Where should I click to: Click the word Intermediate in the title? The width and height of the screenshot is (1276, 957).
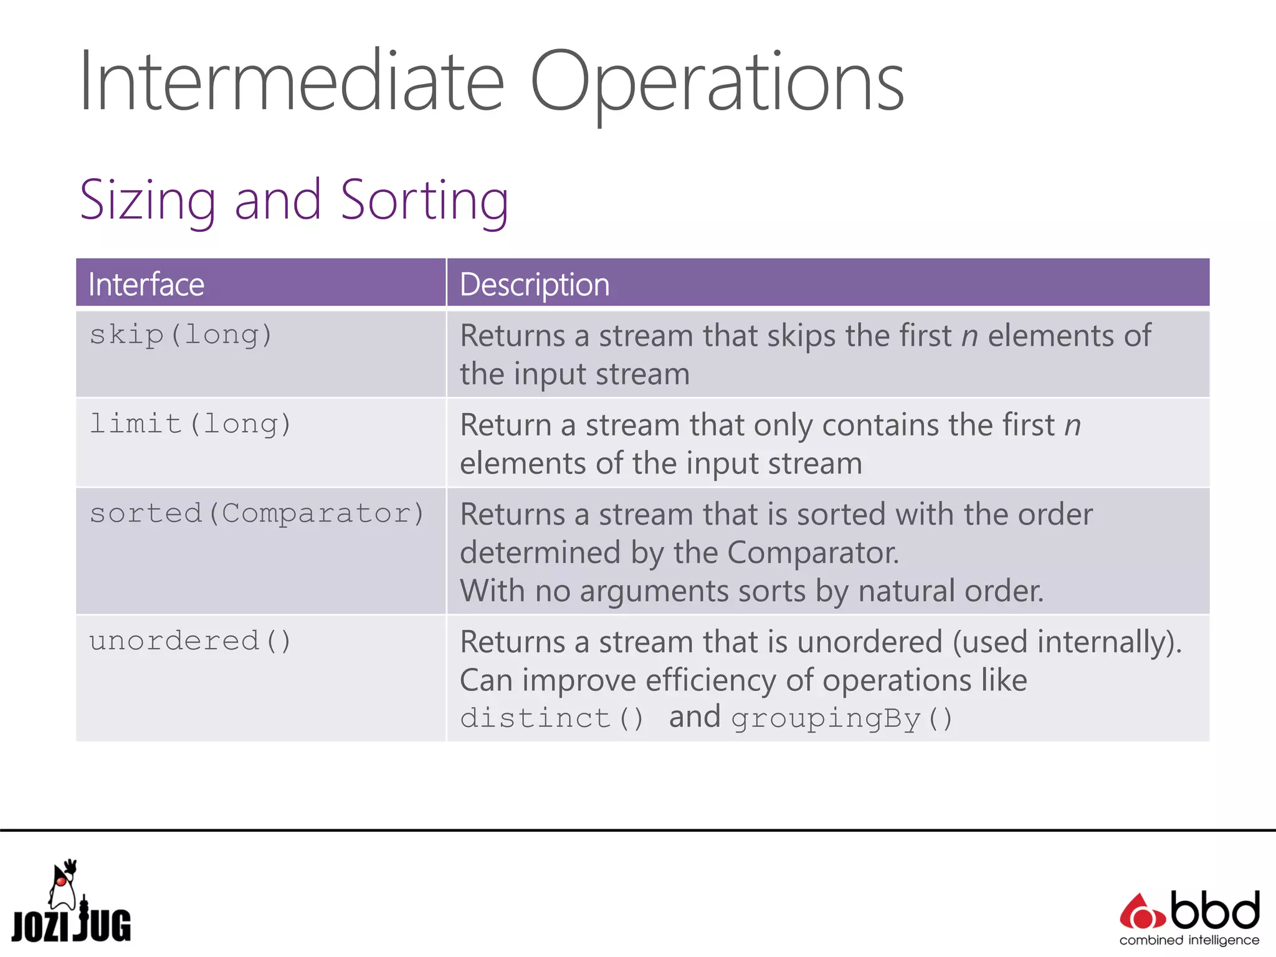(x=292, y=82)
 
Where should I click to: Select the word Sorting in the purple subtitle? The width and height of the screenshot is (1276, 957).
(x=424, y=201)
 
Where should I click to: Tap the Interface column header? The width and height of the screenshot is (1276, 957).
(x=146, y=285)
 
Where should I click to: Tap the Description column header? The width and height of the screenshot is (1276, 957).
(x=535, y=285)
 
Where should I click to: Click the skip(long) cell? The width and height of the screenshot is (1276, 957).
(x=181, y=336)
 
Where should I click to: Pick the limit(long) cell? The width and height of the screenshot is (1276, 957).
(x=191, y=425)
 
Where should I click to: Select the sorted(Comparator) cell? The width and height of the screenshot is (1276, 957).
(x=257, y=514)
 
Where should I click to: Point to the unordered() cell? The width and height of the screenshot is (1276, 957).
(x=191, y=642)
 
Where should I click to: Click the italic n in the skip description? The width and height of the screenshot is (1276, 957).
(x=969, y=337)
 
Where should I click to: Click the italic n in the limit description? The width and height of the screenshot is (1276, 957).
(x=1072, y=426)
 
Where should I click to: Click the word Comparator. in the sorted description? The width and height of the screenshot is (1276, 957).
(x=812, y=553)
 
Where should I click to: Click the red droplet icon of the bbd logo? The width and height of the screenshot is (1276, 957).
(x=1141, y=913)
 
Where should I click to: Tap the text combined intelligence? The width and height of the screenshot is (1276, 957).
(x=1189, y=940)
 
